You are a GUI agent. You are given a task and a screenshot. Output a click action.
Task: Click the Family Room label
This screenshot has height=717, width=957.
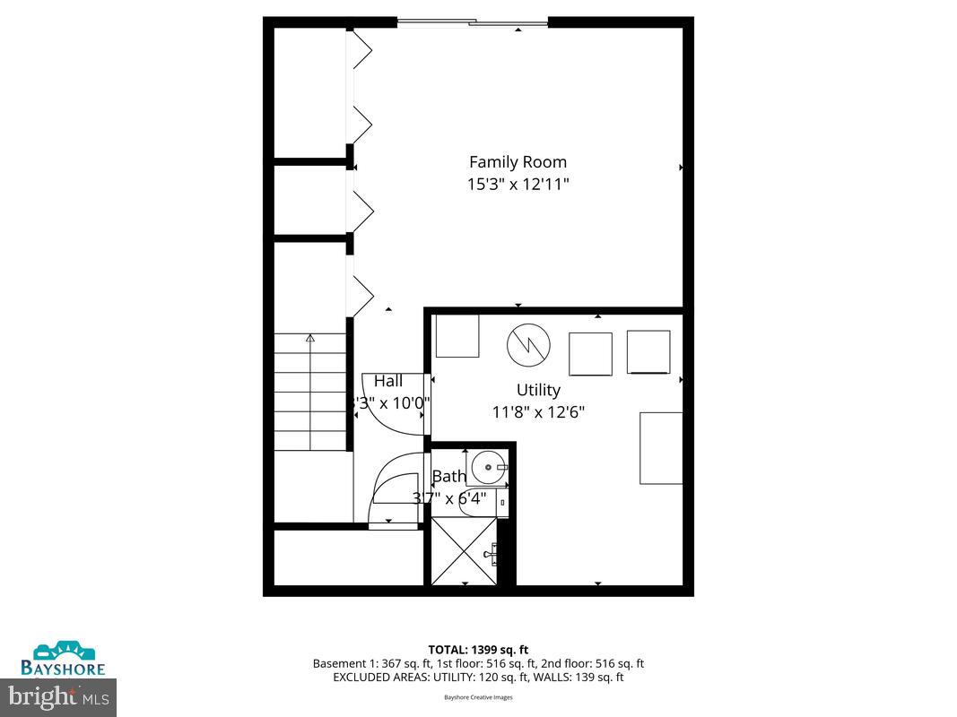(x=518, y=162)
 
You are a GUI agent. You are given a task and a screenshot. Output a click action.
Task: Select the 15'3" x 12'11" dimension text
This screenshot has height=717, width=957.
(x=518, y=185)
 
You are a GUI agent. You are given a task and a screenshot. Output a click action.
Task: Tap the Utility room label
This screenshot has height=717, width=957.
(x=538, y=390)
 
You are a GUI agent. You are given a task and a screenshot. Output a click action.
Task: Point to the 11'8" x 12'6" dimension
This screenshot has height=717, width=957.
(x=538, y=412)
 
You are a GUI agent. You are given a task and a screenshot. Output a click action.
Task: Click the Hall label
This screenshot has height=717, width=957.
(x=388, y=381)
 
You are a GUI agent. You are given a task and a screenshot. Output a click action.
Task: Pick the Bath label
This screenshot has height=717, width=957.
(x=449, y=477)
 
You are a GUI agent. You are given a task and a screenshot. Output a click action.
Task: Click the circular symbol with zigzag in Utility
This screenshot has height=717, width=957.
(x=527, y=344)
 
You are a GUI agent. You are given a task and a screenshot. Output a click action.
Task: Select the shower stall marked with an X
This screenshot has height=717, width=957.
(x=463, y=551)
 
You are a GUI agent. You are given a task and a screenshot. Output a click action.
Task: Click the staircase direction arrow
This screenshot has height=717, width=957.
(x=310, y=339)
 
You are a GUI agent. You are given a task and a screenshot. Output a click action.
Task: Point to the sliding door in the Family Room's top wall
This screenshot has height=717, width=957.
(x=473, y=22)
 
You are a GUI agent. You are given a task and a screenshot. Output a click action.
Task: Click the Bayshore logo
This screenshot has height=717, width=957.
(x=64, y=658)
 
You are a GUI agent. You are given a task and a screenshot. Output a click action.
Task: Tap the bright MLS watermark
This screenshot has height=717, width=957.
(x=58, y=694)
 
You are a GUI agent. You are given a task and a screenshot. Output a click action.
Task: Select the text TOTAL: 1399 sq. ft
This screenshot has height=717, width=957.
(x=478, y=649)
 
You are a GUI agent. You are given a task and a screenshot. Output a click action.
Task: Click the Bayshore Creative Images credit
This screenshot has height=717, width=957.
(x=478, y=697)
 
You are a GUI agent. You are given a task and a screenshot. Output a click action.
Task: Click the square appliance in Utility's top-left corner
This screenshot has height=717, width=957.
(x=457, y=336)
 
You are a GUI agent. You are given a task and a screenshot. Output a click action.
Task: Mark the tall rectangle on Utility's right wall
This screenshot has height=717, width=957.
(x=661, y=448)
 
